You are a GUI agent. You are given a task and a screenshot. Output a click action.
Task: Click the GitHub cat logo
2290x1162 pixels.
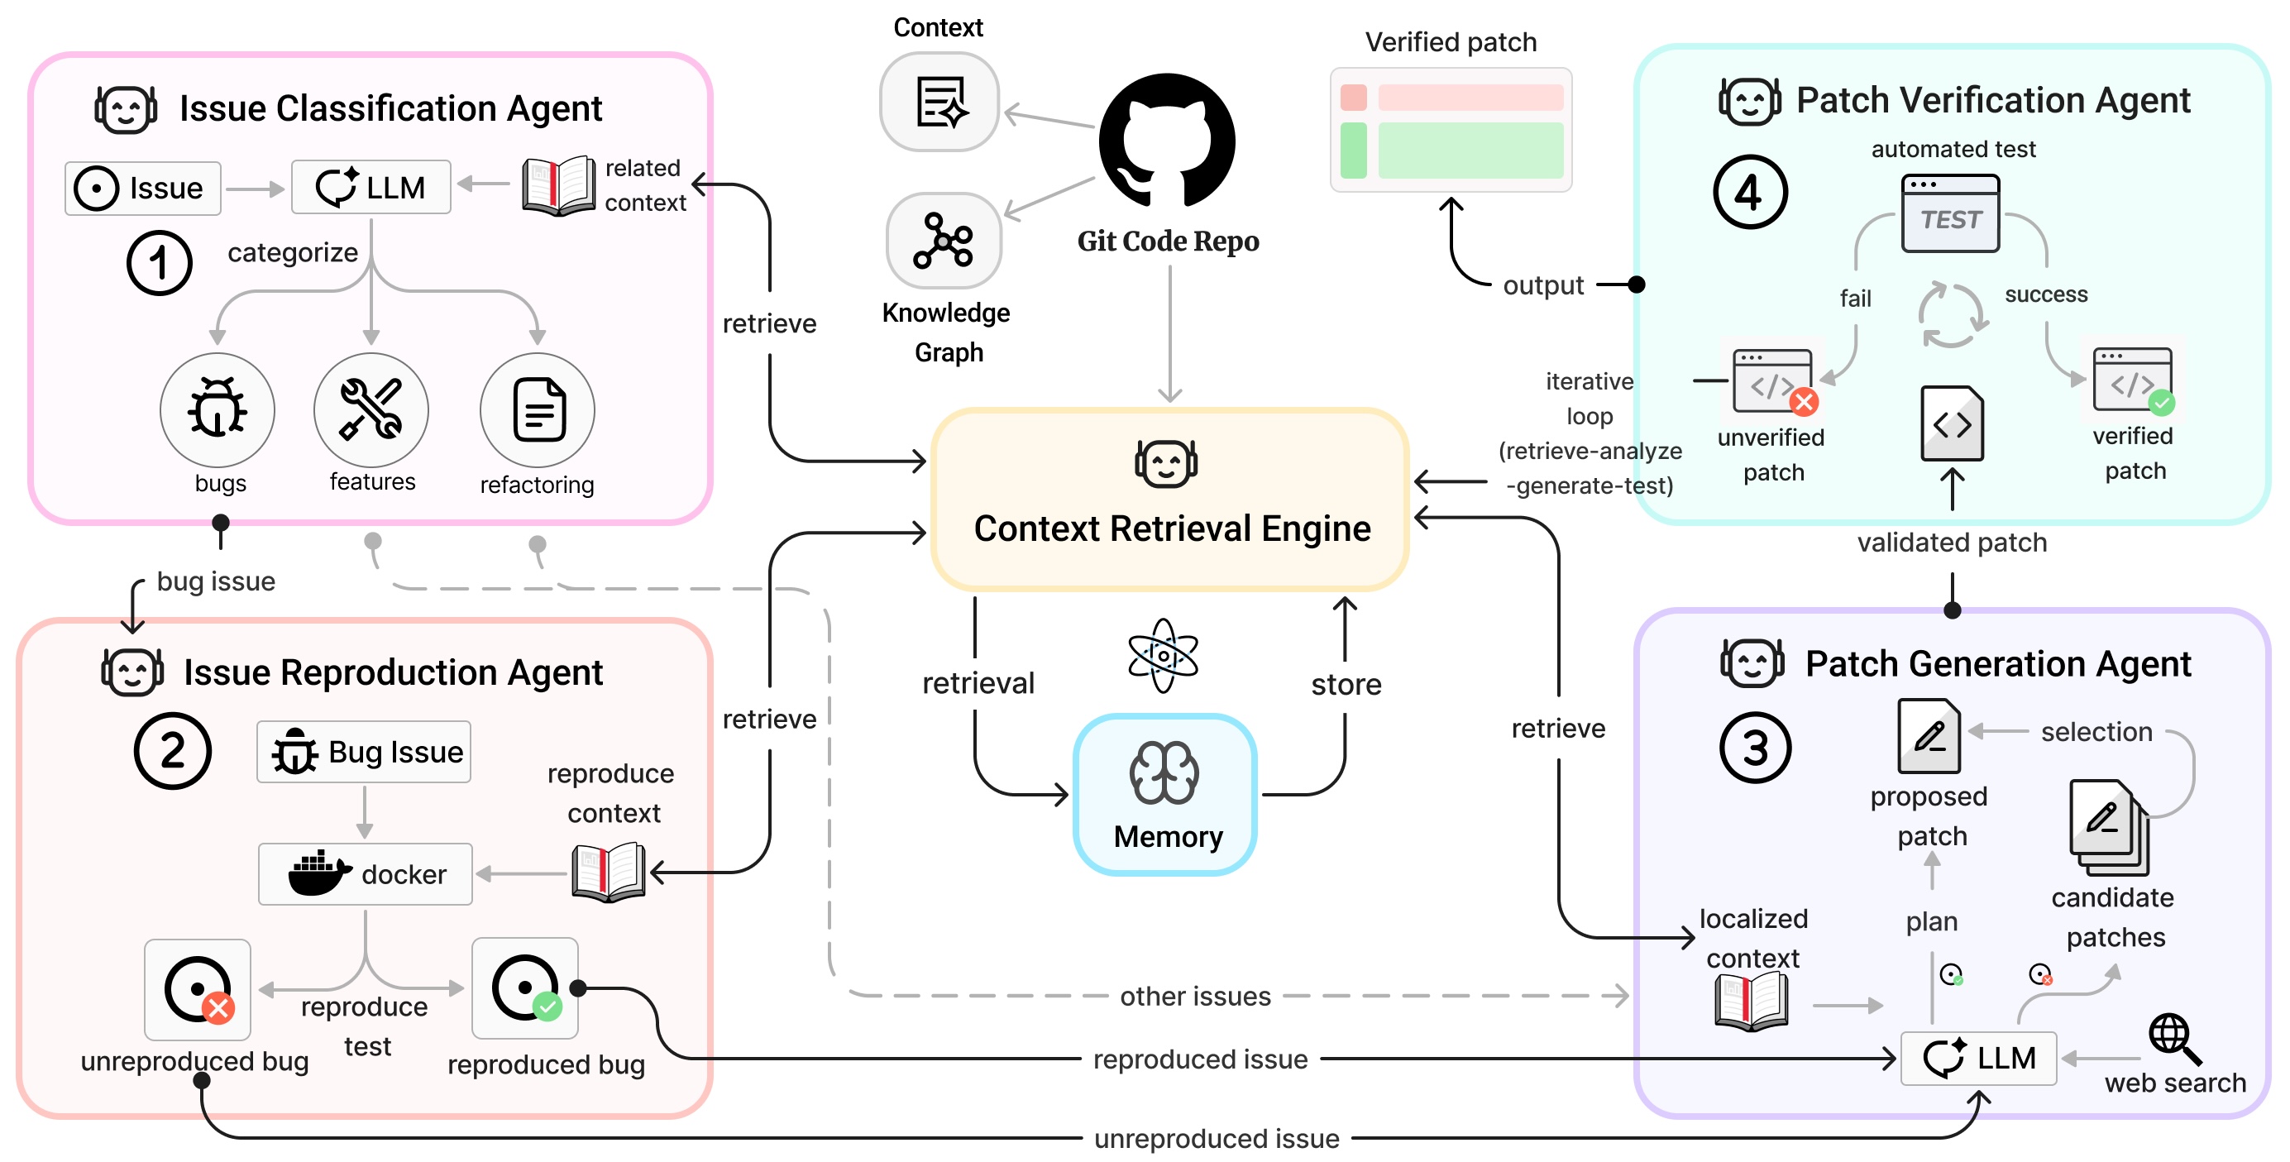pos(1166,141)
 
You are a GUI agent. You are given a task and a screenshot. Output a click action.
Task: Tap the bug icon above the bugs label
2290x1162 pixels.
pos(217,409)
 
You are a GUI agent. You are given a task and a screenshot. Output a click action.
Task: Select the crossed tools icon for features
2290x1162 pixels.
pos(371,409)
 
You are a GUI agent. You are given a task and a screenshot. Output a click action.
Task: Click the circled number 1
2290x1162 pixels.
pos(159,263)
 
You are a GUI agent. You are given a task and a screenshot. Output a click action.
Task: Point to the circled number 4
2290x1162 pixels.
pos(1749,192)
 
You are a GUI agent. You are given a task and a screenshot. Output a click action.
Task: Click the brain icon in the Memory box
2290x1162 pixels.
pos(1164,772)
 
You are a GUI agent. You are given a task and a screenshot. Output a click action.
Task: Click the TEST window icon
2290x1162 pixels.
pos(1950,213)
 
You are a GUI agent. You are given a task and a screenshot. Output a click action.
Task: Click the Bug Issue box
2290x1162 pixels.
pos(364,752)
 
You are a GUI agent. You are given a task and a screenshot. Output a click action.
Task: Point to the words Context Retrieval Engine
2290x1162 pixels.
pos(1172,528)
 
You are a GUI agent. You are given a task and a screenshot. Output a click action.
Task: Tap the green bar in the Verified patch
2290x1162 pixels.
pos(1470,151)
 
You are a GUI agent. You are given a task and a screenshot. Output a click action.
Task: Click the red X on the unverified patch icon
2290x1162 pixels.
pos(1804,402)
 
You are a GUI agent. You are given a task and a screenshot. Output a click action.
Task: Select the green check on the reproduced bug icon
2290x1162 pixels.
pos(547,1007)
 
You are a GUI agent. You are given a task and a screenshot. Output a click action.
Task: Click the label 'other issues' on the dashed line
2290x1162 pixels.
pos(1195,996)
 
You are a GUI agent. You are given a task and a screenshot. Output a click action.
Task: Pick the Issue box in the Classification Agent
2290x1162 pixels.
pos(142,189)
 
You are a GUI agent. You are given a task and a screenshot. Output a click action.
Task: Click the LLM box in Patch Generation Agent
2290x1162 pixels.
pos(1978,1058)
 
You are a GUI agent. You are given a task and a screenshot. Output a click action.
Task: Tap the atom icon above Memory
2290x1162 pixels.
pos(1163,656)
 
